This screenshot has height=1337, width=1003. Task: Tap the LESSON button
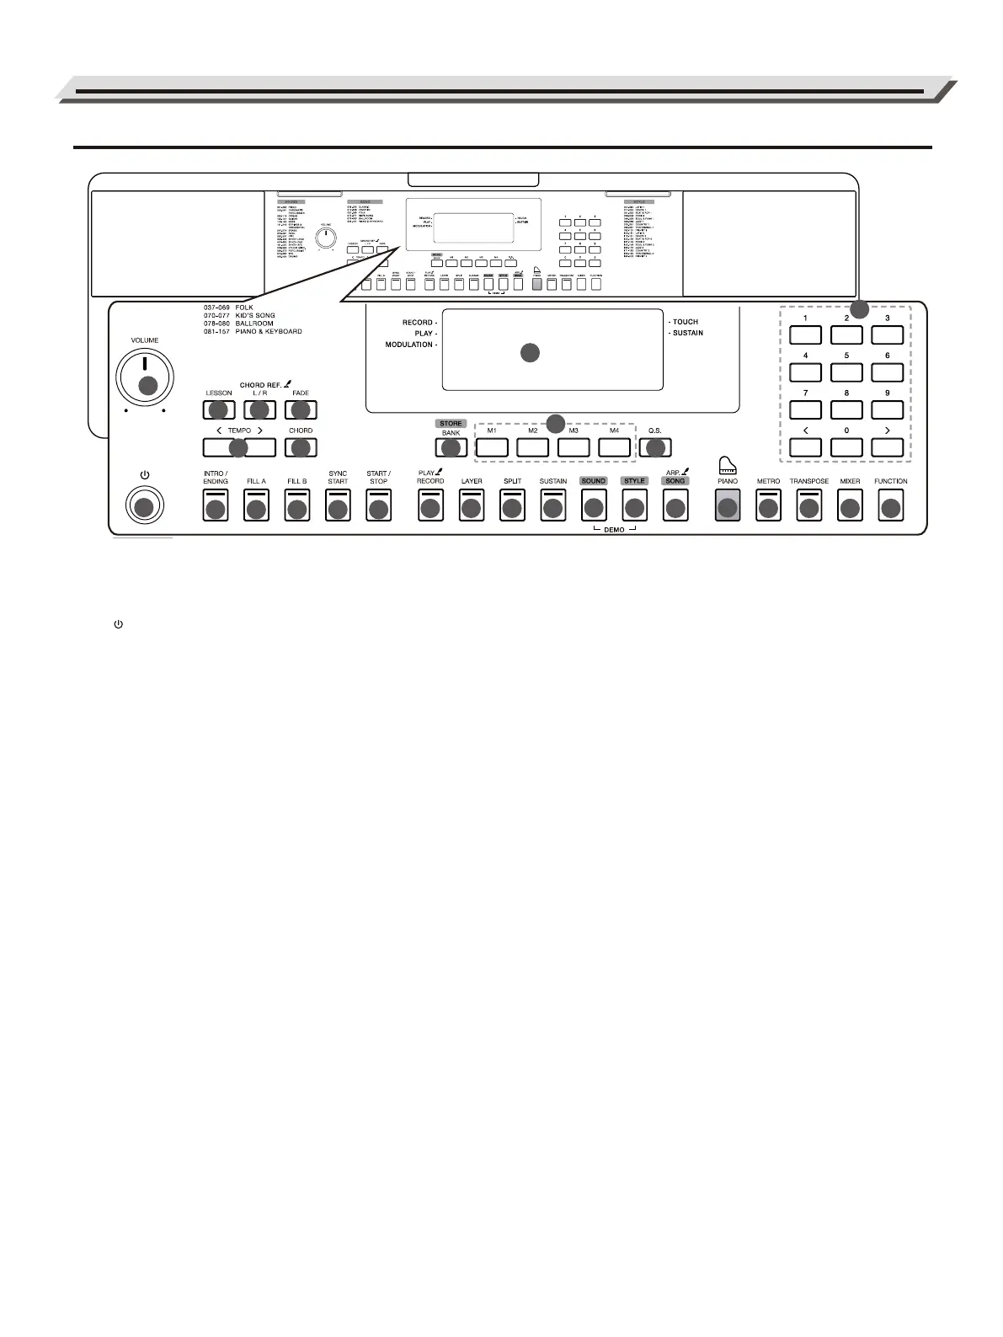pos(218,409)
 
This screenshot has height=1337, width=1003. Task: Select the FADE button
pos(301,409)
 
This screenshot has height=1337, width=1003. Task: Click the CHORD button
pos(301,447)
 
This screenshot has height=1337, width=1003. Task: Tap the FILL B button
pos(296,506)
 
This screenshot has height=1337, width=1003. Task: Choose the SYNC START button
pos(338,506)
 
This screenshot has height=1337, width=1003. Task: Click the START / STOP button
pos(378,506)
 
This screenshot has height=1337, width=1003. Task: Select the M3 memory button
pos(574,447)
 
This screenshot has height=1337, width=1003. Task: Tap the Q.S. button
pos(654,447)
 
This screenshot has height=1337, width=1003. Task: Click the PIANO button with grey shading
pos(727,506)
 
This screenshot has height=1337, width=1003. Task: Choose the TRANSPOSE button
pos(808,506)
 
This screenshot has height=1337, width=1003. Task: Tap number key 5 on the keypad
pos(846,372)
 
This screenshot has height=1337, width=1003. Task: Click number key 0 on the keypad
pos(846,447)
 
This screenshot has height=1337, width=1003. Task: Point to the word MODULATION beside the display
pos(410,345)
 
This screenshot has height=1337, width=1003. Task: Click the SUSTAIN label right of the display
pos(688,333)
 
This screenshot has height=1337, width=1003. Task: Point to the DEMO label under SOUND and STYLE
pos(614,530)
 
